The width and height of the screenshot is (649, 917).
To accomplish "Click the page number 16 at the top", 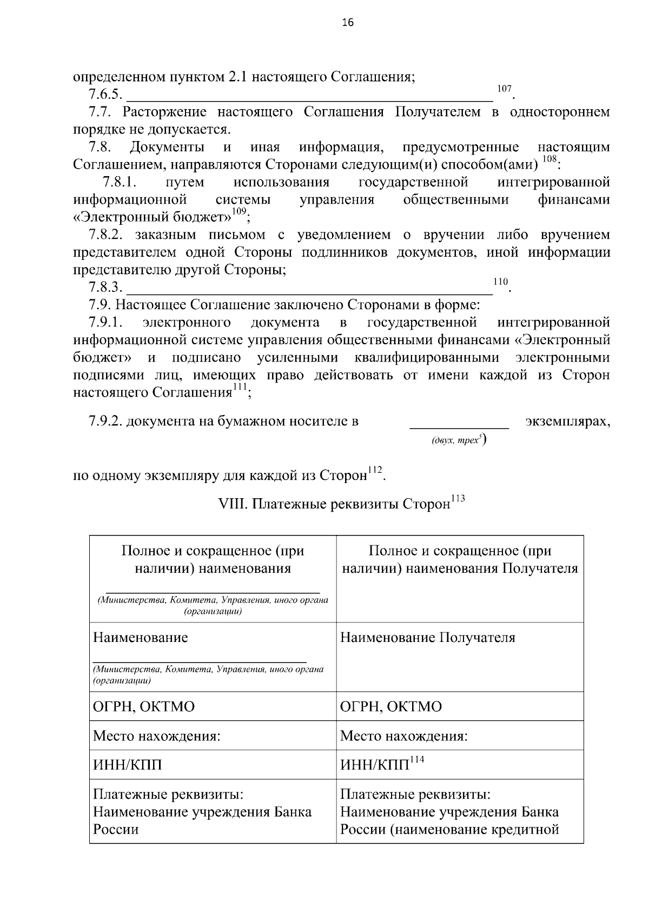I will pyautogui.click(x=347, y=22).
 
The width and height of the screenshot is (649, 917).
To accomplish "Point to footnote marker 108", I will pyautogui.click(x=548, y=159).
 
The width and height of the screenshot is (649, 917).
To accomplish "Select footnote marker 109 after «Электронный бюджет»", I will pyautogui.click(x=239, y=212).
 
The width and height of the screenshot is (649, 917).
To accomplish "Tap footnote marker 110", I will pyautogui.click(x=501, y=282).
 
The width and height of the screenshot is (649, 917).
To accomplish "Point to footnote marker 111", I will pyautogui.click(x=240, y=387).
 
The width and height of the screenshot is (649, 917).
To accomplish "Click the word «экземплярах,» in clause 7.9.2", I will pyautogui.click(x=567, y=421).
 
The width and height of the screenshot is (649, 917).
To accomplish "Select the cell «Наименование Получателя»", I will pyautogui.click(x=427, y=638).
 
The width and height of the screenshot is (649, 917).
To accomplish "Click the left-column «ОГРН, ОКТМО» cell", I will pyautogui.click(x=144, y=707).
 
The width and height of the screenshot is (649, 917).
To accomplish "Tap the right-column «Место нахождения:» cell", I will pyautogui.click(x=403, y=736).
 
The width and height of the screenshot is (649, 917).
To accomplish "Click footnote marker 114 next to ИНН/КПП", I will pyautogui.click(x=417, y=760).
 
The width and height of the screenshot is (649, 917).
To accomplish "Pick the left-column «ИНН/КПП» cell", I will pyautogui.click(x=128, y=765).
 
